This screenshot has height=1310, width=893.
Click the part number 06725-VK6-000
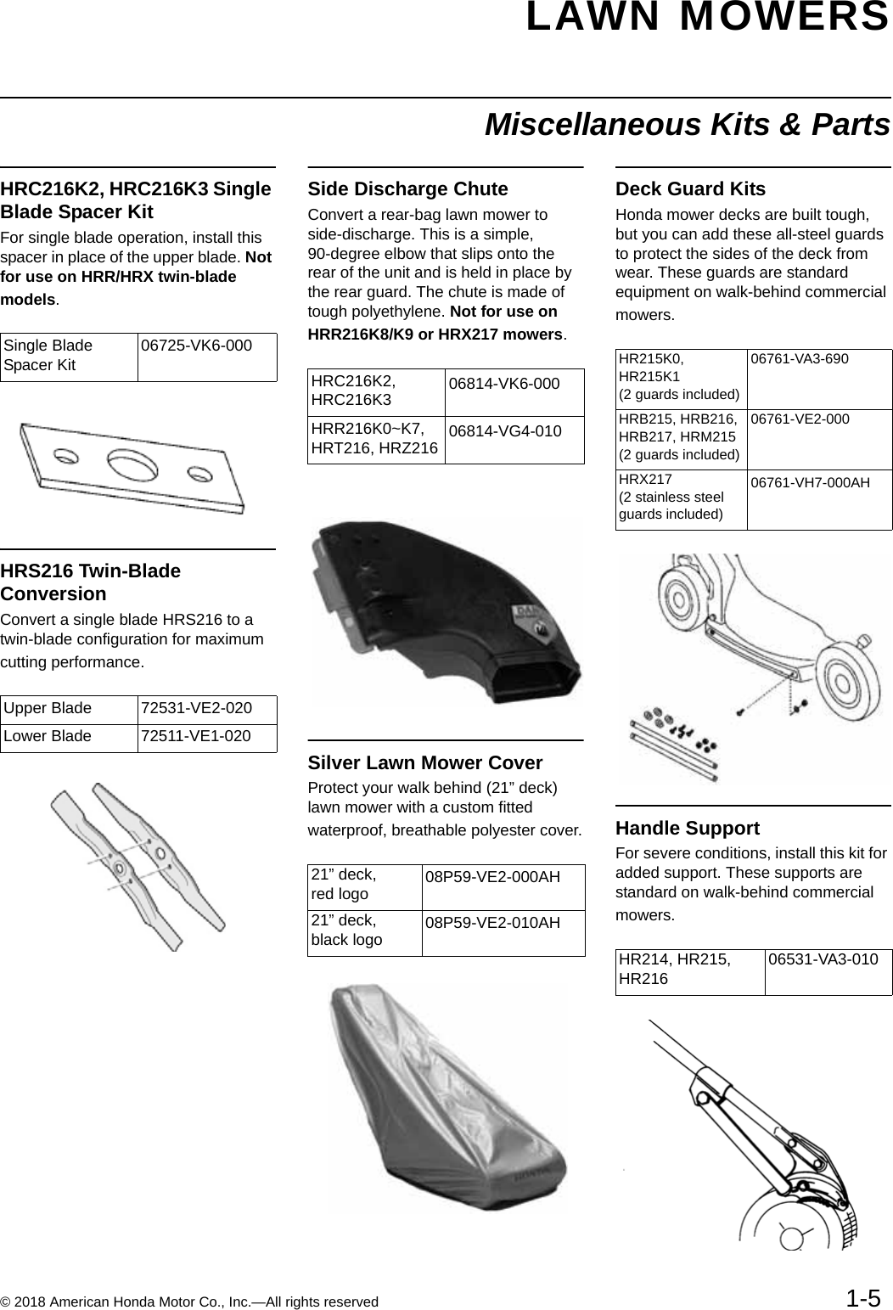click(196, 346)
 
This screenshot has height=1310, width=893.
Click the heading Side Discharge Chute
click(407, 188)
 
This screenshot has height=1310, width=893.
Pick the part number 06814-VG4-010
click(505, 431)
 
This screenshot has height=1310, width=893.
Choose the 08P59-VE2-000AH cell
click(492, 876)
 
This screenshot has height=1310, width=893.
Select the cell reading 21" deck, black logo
click(347, 930)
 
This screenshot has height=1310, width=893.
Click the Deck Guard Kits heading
click(690, 188)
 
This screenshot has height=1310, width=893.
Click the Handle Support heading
click(688, 828)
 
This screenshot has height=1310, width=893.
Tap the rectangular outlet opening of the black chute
click(543, 678)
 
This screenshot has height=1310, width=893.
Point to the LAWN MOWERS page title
click(707, 19)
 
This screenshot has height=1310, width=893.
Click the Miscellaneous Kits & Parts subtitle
click(688, 125)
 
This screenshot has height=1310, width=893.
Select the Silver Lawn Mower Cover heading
click(424, 762)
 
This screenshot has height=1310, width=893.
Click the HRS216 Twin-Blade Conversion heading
click(91, 582)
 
